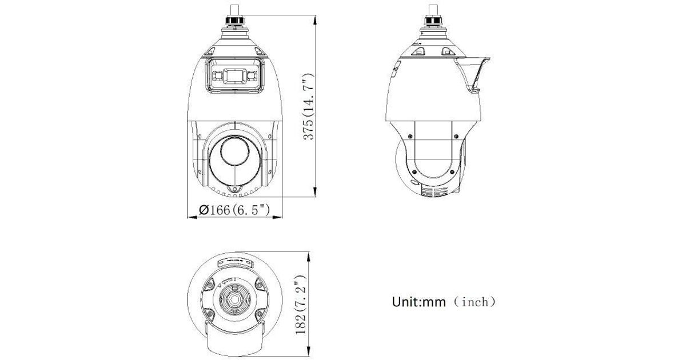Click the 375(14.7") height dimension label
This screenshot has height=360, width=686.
[309, 107]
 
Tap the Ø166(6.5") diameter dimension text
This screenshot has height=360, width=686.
[234, 210]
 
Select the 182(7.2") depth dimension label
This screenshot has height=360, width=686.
[301, 305]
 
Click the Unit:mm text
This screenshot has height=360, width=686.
[418, 302]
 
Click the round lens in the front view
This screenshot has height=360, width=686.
[235, 151]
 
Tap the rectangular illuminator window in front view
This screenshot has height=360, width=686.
[235, 75]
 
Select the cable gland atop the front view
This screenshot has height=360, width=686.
[235, 21]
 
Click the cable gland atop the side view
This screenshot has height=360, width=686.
[433, 21]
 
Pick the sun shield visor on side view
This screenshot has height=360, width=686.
[473, 74]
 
